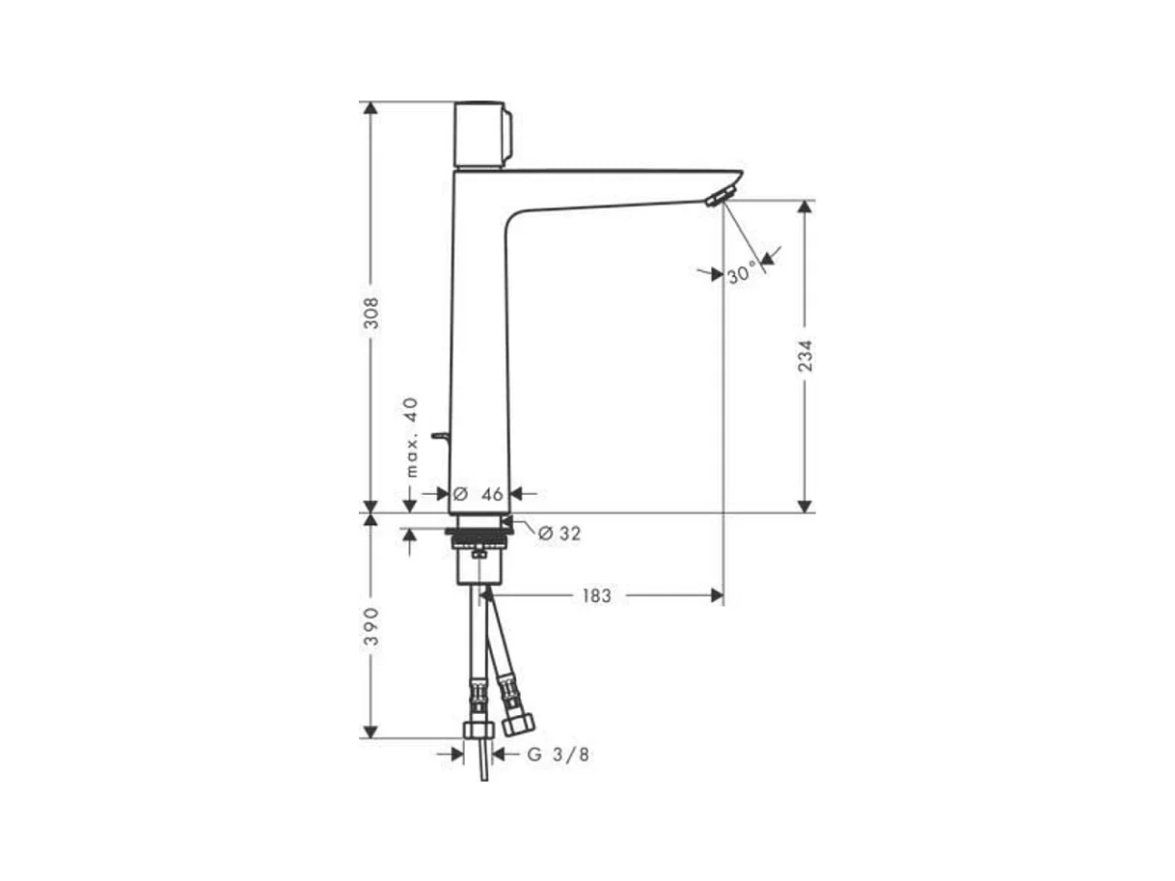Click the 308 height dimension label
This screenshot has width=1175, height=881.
(371, 313)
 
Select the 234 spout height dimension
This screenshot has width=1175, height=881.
(805, 355)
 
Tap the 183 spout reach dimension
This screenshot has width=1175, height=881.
(596, 595)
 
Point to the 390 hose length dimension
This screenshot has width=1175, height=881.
(371, 625)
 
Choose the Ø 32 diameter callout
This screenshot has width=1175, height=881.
(559, 533)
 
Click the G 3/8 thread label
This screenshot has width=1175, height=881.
(558, 755)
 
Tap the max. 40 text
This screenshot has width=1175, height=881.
(411, 437)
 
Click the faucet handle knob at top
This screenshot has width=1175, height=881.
(482, 134)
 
